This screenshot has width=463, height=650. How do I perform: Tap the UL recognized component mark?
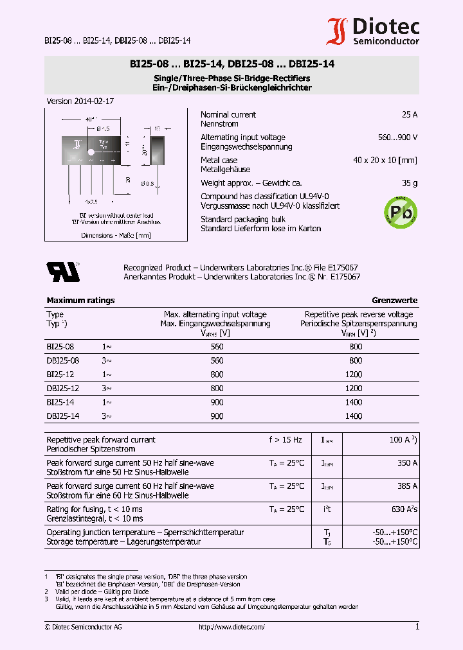[63, 272]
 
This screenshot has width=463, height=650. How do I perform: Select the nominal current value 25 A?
[409, 114]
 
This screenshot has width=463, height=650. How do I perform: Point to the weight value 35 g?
[409, 183]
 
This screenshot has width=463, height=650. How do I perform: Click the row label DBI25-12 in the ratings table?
[63, 388]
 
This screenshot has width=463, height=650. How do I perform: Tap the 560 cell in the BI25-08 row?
[217, 346]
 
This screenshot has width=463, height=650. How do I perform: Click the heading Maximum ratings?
[80, 300]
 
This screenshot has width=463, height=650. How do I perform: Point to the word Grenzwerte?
[394, 300]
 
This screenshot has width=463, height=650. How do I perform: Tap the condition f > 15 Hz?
[285, 439]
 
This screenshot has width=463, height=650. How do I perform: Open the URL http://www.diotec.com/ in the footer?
[232, 627]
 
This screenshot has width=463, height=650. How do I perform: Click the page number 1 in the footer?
[417, 626]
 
